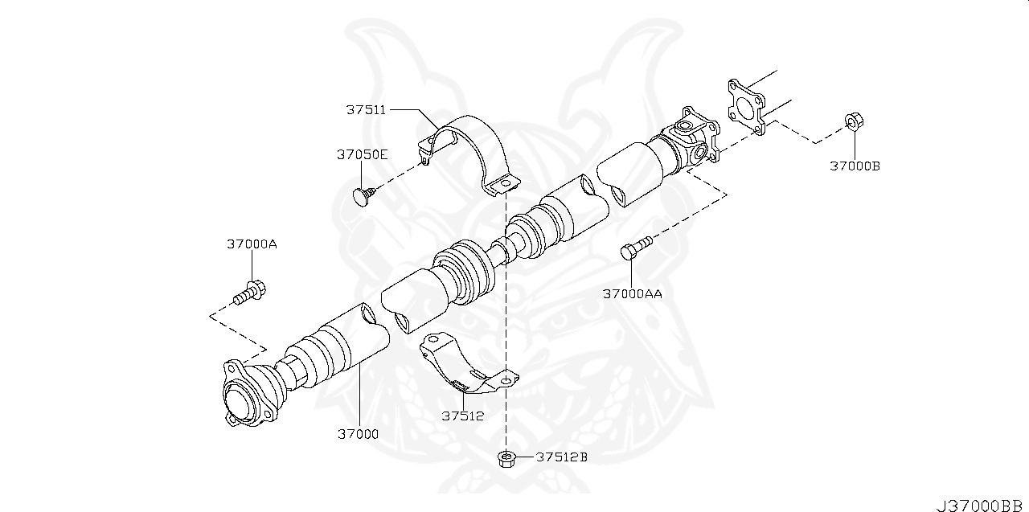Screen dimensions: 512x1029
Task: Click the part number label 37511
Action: tap(367, 109)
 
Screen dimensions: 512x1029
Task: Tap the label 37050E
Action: tap(362, 154)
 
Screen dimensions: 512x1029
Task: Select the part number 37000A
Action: tap(251, 244)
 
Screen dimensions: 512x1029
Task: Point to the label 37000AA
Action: tap(633, 293)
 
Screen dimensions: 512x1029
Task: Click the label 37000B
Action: tap(855, 166)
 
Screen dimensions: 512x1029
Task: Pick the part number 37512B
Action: tap(562, 457)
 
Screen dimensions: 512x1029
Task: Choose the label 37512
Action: tap(462, 416)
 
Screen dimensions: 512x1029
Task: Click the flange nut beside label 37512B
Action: tap(506, 458)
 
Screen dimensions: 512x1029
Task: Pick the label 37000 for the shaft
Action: tap(358, 434)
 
